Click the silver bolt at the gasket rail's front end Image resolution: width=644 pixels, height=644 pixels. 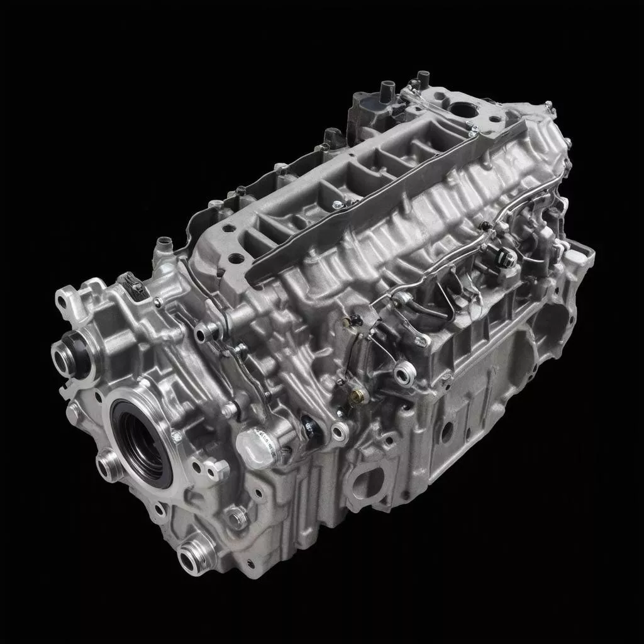(338, 204)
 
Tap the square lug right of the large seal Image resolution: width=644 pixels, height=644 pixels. (218, 468)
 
